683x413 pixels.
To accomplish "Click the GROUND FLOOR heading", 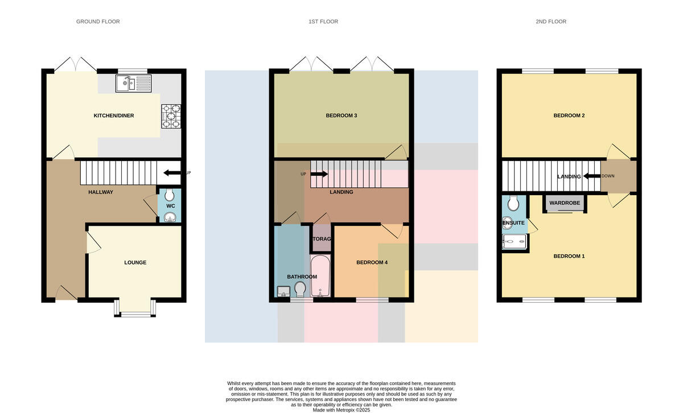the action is (x=98, y=22).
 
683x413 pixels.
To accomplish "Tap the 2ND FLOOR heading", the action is (x=551, y=22).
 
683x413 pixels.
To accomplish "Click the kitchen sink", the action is (x=133, y=83).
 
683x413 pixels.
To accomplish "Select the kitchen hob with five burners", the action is (x=171, y=116).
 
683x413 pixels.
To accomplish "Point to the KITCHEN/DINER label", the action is (x=114, y=115).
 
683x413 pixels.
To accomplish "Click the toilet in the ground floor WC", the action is (x=169, y=195).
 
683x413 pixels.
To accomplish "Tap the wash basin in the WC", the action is (x=170, y=217).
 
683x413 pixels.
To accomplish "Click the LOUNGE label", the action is (x=135, y=262).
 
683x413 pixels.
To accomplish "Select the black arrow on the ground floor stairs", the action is (x=172, y=173).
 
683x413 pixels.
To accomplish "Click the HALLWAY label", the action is (x=101, y=192).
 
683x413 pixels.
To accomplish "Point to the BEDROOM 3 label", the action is (x=341, y=115).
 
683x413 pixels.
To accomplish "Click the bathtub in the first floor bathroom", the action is (x=320, y=276).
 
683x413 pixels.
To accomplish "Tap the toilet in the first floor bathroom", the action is (x=300, y=289).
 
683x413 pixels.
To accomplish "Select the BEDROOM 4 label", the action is (x=372, y=262).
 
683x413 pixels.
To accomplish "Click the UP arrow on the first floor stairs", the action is (x=319, y=174).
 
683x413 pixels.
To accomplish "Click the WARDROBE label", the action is (x=565, y=203).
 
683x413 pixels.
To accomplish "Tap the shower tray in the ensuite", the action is (x=515, y=241).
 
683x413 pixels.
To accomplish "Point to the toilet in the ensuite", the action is (x=514, y=203).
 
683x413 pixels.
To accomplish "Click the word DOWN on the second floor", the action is (x=608, y=176).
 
